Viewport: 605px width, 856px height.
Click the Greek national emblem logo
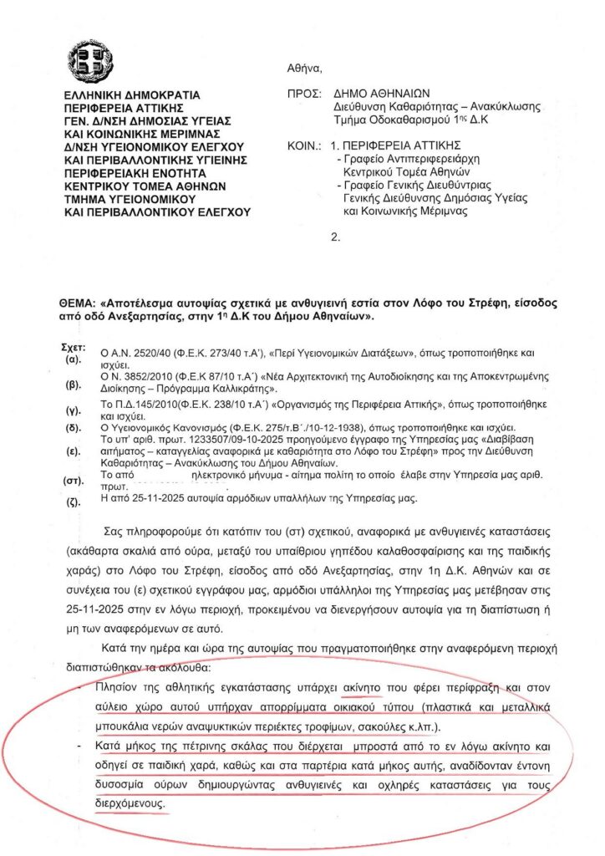(x=89, y=61)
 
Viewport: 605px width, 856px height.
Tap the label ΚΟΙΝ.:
(x=303, y=145)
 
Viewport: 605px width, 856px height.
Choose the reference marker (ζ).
(x=73, y=503)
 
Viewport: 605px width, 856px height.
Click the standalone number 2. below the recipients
(x=336, y=237)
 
